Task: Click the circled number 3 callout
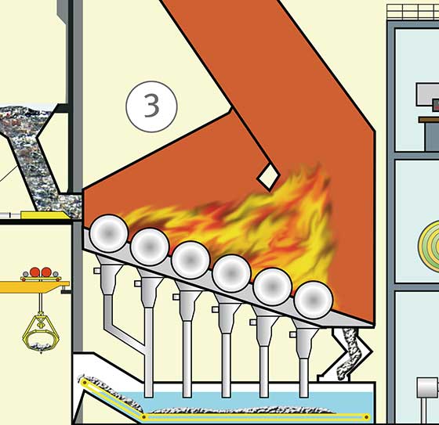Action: tap(152, 106)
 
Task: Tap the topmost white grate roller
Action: tap(109, 233)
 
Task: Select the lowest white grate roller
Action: tap(314, 300)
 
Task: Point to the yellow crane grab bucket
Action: tap(41, 333)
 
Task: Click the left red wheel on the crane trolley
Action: tap(35, 272)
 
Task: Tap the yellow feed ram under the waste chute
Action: tap(45, 215)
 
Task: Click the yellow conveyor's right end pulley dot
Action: tap(367, 417)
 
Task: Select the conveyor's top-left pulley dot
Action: tap(85, 383)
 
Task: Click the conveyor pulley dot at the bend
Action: tap(144, 417)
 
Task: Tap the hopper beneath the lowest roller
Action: tap(304, 340)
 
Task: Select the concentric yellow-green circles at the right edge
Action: tap(430, 247)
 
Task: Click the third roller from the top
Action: tap(190, 260)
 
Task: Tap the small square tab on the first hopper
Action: tap(97, 270)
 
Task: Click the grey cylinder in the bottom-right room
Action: tap(427, 387)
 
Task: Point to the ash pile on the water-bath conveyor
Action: tap(241, 410)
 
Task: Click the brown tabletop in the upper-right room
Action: tap(429, 120)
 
